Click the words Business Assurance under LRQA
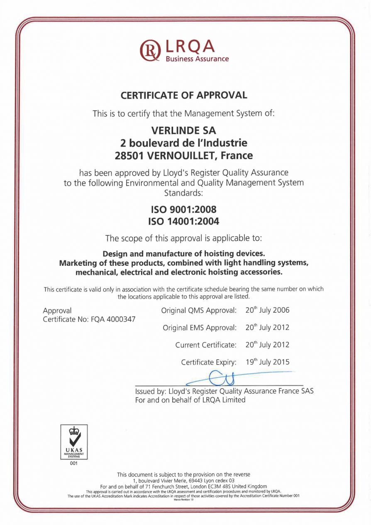197,59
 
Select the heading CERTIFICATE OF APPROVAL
184,95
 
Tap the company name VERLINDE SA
184,130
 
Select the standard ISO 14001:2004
183,222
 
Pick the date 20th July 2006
267,310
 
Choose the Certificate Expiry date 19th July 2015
267,362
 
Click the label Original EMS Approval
199,328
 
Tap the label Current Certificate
205,345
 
